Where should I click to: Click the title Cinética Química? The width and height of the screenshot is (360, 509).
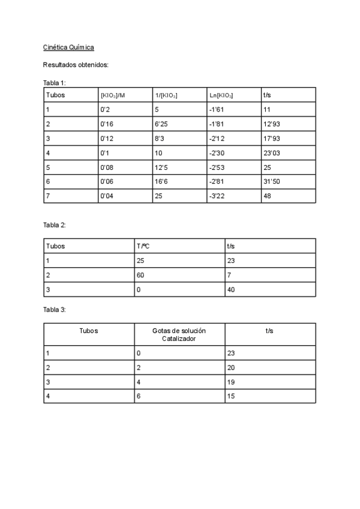pyautogui.click(x=68, y=47)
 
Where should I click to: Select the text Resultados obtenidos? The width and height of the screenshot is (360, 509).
pyautogui.click(x=76, y=65)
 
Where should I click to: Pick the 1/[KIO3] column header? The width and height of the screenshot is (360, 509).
pyautogui.click(x=166, y=95)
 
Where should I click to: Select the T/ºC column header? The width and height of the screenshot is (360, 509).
pyautogui.click(x=143, y=245)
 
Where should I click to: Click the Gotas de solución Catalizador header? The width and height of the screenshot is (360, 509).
pyautogui.click(x=179, y=335)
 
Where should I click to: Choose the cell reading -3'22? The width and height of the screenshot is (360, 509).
pyautogui.click(x=216, y=196)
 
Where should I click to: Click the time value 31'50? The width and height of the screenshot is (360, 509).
pyautogui.click(x=272, y=181)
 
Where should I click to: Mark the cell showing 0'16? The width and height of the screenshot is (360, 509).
pyautogui.click(x=107, y=124)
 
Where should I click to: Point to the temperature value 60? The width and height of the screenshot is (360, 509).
pyautogui.click(x=142, y=275)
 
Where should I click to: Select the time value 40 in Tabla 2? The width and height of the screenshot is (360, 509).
pyautogui.click(x=232, y=289)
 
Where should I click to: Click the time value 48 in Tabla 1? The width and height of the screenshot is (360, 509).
pyautogui.click(x=268, y=196)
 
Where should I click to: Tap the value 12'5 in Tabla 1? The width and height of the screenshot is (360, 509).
pyautogui.click(x=163, y=167)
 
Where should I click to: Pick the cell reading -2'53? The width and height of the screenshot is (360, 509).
pyautogui.click(x=216, y=167)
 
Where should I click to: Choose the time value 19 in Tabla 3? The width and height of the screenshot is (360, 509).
pyautogui.click(x=232, y=382)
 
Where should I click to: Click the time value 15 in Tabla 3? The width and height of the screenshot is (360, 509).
pyautogui.click(x=232, y=397)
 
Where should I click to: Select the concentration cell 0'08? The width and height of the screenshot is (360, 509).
pyautogui.click(x=107, y=167)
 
